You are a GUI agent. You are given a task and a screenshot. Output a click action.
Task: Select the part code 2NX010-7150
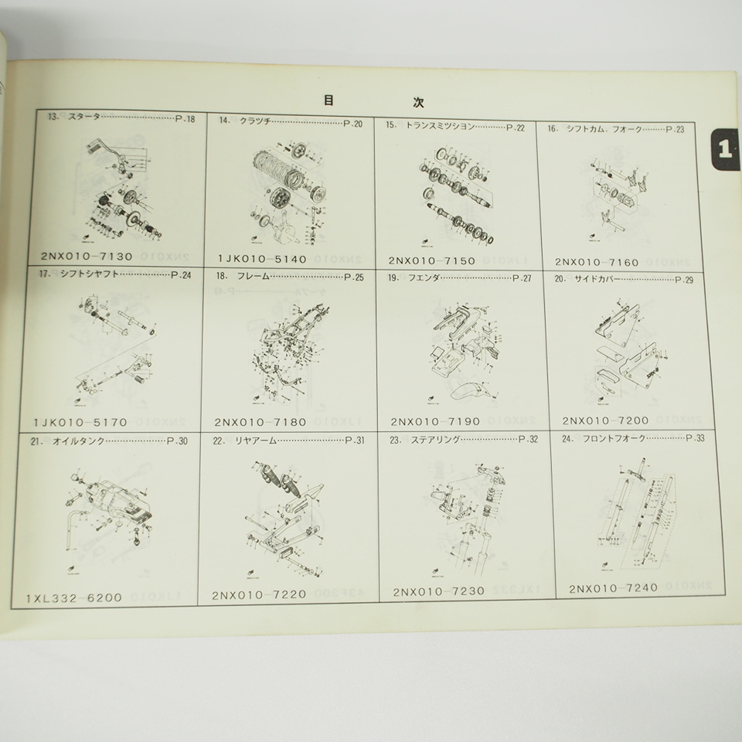(x=433, y=261)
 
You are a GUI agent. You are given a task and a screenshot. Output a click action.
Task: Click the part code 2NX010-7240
(x=613, y=587)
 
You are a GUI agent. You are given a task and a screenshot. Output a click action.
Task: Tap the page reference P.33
(x=696, y=438)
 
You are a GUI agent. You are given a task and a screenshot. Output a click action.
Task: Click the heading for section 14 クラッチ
(x=243, y=122)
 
